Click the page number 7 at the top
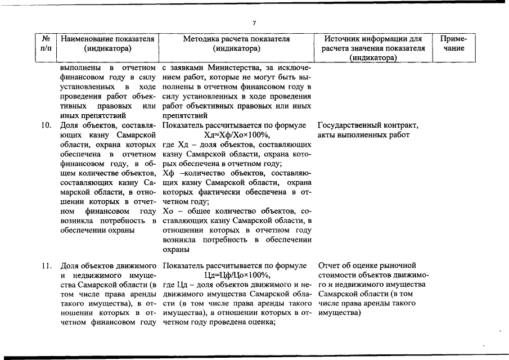254,22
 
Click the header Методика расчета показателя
236,39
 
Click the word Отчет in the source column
330,265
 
